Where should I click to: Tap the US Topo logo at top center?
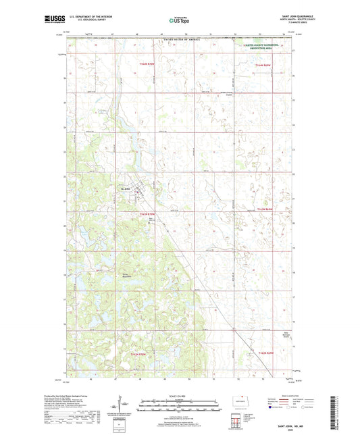[x=179, y=21]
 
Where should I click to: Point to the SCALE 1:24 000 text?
[x=179, y=396]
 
